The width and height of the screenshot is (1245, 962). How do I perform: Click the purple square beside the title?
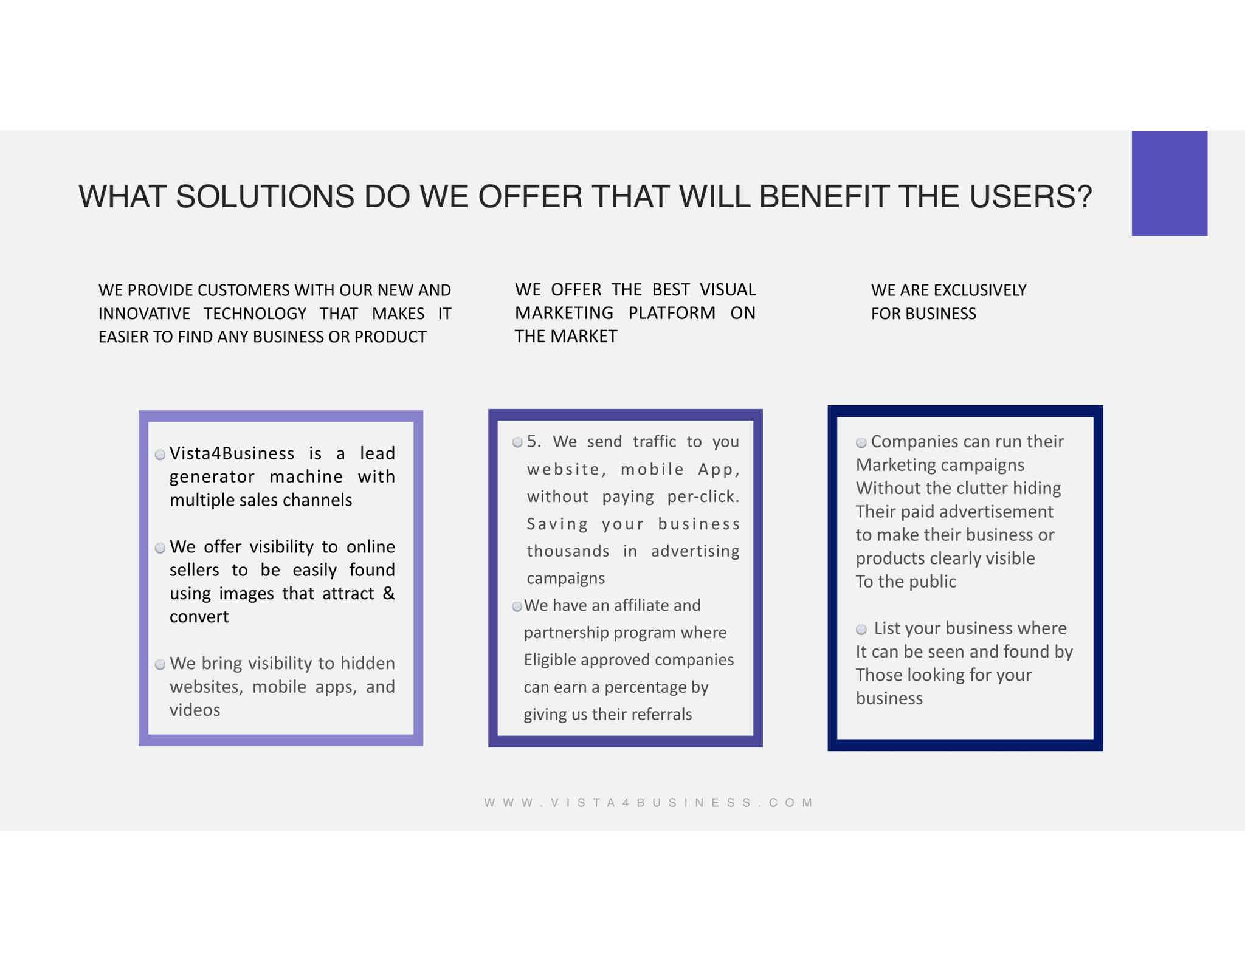tap(1169, 183)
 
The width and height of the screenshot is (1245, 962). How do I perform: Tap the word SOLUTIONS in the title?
tap(265, 196)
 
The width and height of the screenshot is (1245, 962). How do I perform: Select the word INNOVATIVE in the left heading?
tap(144, 314)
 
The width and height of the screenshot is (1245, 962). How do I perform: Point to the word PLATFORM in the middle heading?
tap(672, 313)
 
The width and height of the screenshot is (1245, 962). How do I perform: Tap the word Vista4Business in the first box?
tap(232, 453)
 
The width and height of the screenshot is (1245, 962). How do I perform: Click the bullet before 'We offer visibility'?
tap(160, 548)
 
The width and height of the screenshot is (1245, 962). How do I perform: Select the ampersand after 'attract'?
tap(389, 593)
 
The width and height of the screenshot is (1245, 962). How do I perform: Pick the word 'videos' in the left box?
tap(195, 710)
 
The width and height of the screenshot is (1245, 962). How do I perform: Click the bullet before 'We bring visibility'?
tap(160, 665)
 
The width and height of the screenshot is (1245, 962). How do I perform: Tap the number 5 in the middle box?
tap(533, 441)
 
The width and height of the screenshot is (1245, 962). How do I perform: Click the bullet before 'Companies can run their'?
tap(861, 442)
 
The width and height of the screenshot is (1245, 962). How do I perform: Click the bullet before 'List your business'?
tap(861, 629)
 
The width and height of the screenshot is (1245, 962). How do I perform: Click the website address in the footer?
tap(649, 803)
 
